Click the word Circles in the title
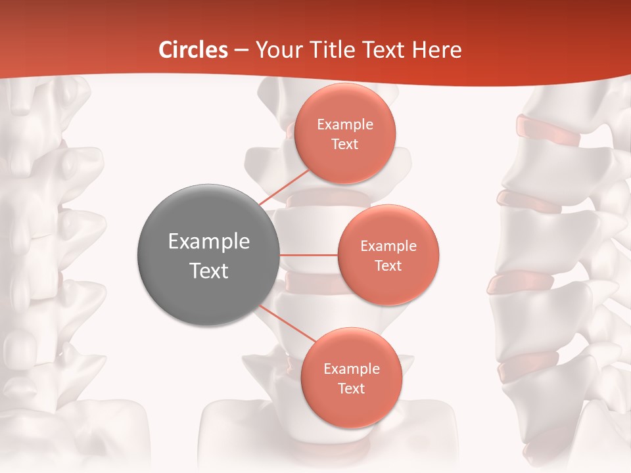[x=193, y=50]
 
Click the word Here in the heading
[x=437, y=50]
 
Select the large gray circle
[x=208, y=255]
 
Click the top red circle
[x=344, y=133]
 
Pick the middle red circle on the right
[x=388, y=255]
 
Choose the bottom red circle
[x=351, y=378]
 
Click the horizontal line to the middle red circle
[x=308, y=255]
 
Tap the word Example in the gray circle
[x=208, y=242]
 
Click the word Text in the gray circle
[x=208, y=271]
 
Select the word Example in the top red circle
[x=344, y=124]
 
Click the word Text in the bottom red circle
[x=351, y=388]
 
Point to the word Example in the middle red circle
[x=388, y=246]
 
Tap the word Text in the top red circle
[x=344, y=144]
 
